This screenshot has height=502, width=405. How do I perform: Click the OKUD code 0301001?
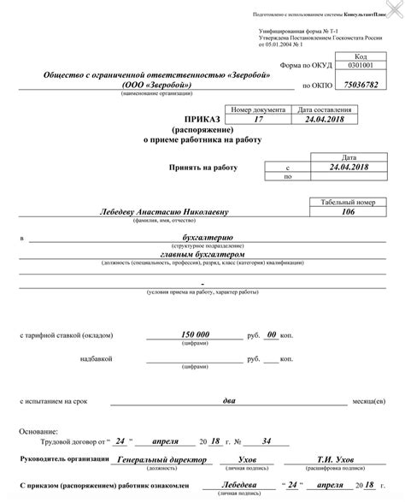pyautogui.click(x=359, y=66)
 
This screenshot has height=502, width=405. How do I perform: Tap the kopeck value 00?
pyautogui.click(x=272, y=334)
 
